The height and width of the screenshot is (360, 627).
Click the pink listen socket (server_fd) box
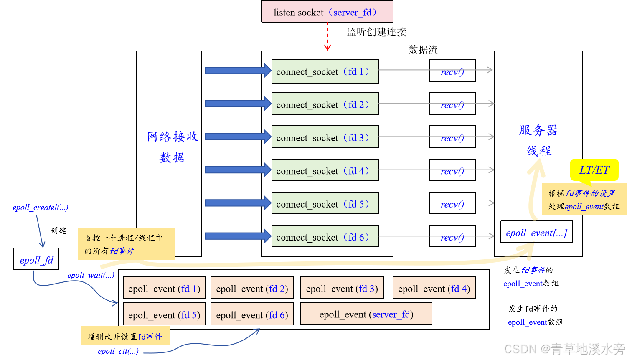(x=327, y=12)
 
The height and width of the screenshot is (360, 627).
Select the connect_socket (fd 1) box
(x=325, y=71)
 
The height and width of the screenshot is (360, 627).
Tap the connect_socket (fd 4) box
(x=325, y=170)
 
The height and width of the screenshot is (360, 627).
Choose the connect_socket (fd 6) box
(x=325, y=236)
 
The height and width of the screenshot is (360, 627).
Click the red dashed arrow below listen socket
(x=327, y=36)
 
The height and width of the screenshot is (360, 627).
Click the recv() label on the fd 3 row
(x=452, y=139)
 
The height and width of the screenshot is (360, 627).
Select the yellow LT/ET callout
(x=594, y=170)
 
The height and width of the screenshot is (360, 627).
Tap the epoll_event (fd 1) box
(x=164, y=288)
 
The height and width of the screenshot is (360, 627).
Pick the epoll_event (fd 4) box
(x=434, y=288)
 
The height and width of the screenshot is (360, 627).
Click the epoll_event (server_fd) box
(x=366, y=314)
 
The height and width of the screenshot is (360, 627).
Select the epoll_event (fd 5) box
(x=164, y=314)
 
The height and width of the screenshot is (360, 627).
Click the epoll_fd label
(x=37, y=261)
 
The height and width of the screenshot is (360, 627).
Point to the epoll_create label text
(x=40, y=208)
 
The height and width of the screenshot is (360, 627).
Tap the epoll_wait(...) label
(x=91, y=275)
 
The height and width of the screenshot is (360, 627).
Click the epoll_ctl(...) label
(x=118, y=352)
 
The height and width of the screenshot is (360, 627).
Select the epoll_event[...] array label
(x=536, y=233)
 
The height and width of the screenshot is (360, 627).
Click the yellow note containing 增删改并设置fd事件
(x=125, y=336)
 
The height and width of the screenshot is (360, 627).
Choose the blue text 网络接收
(x=173, y=137)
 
